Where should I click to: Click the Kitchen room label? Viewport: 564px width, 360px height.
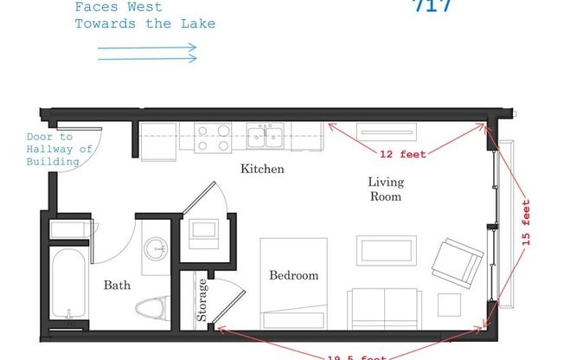point(262,169)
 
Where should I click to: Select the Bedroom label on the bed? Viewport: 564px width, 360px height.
point(293,276)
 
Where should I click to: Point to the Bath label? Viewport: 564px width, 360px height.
point(117,285)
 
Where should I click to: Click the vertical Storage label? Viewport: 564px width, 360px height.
point(202,300)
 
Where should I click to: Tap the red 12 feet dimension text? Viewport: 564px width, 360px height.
point(401,154)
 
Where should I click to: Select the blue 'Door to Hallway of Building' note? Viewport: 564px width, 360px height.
point(60,149)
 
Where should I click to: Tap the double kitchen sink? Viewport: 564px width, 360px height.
point(267,136)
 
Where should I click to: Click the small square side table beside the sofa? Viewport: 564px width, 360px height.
point(449,305)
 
